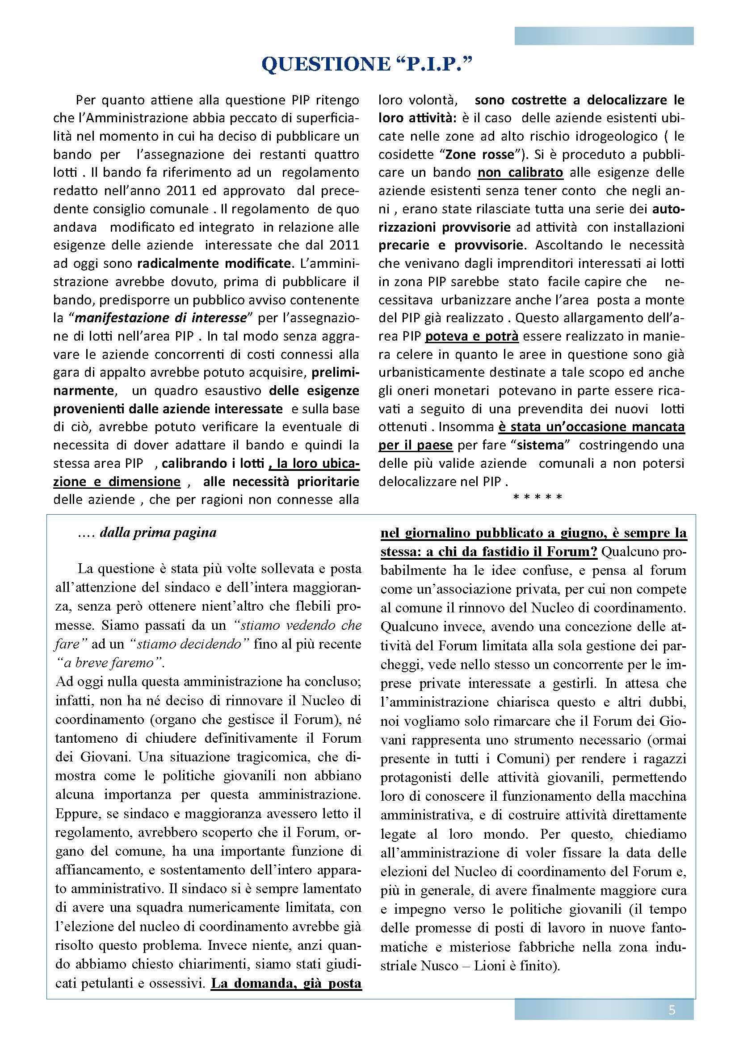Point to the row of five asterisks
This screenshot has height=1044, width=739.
point(537,497)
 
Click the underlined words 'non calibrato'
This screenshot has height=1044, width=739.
point(520,172)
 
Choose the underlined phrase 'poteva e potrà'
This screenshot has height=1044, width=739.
point(472,336)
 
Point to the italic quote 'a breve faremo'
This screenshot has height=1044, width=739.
point(110,662)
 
